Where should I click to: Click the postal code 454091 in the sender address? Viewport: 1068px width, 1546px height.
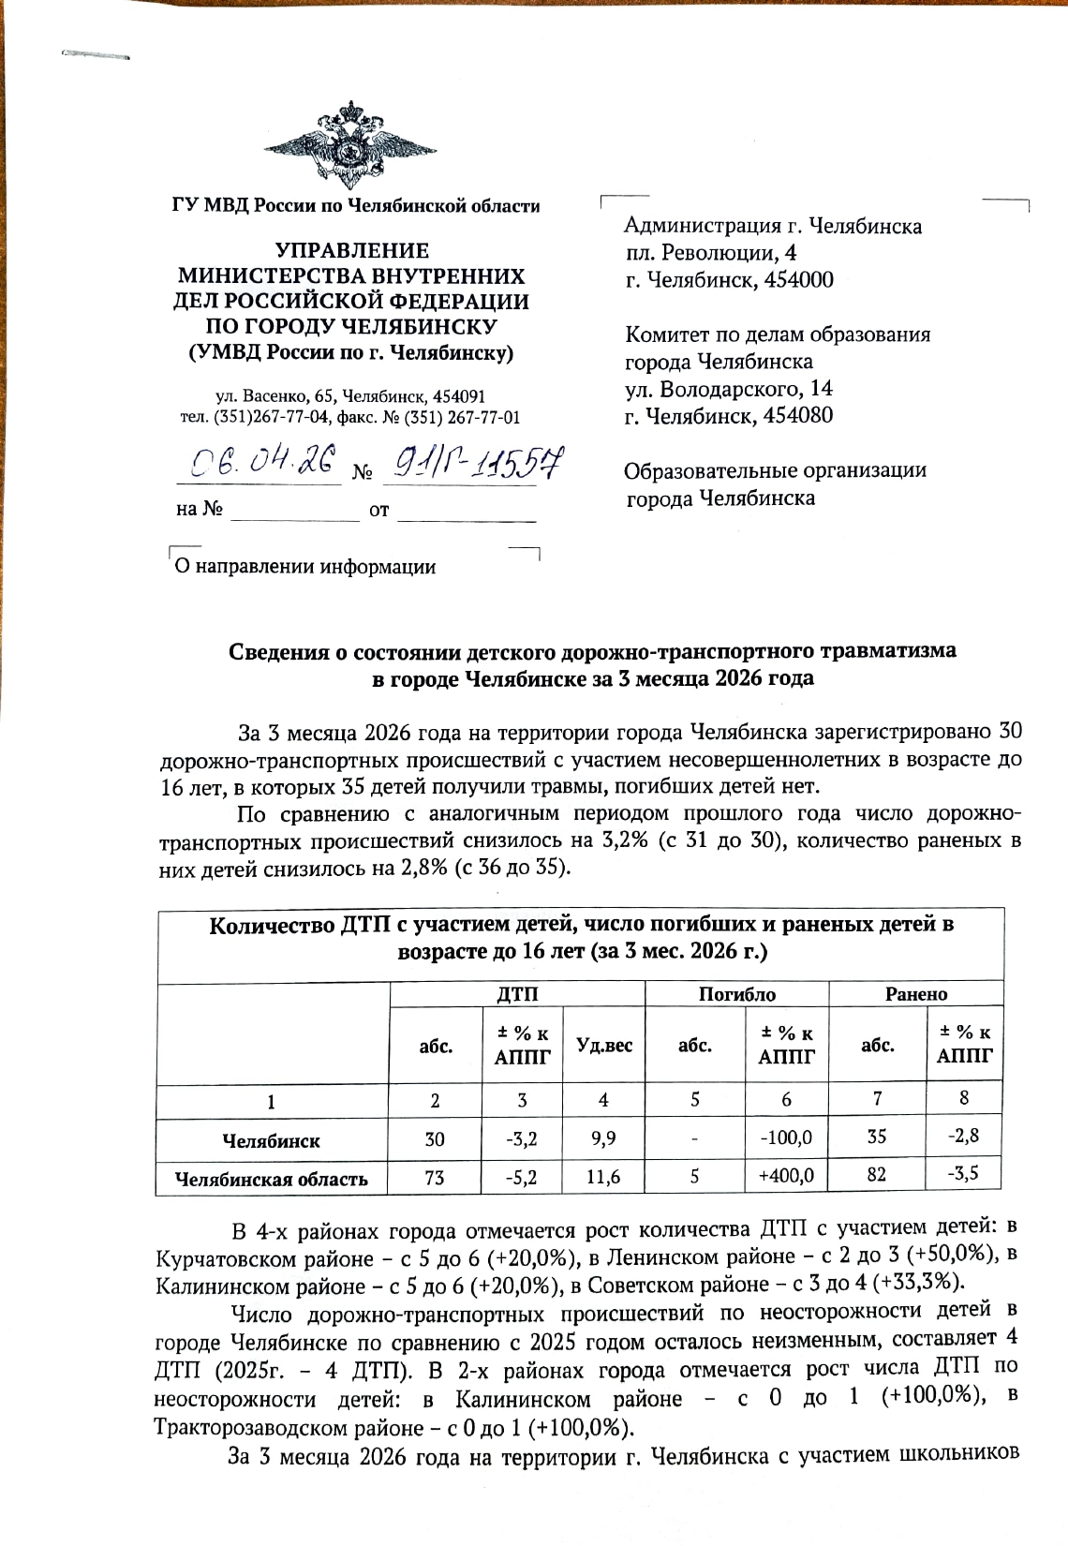[455, 396]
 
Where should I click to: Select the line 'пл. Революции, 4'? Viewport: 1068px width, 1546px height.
[711, 253]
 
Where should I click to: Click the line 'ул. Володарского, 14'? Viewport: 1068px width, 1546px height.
[729, 389]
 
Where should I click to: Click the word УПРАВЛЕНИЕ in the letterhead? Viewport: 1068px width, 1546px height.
[351, 251]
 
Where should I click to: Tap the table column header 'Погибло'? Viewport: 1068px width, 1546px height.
[737, 995]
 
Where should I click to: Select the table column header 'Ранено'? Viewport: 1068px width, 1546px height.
[916, 995]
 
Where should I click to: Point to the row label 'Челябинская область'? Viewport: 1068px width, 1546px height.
[273, 1180]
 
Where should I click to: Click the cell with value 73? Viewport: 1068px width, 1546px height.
[435, 1178]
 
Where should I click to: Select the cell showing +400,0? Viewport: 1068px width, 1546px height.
[787, 1176]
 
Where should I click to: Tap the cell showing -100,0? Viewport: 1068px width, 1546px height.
[787, 1138]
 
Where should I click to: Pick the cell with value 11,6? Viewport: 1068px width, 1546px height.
[603, 1178]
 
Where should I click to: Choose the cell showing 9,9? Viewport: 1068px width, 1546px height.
[603, 1139]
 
